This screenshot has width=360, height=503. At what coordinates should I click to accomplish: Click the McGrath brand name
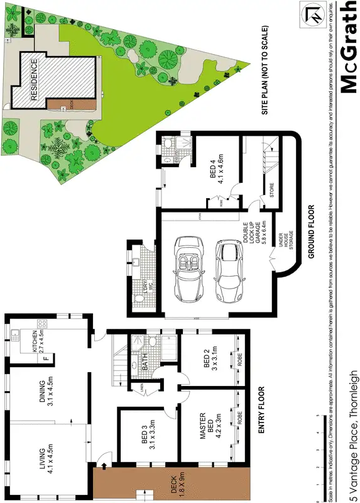(x=347, y=47)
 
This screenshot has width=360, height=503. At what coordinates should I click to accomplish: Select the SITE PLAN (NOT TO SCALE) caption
(x=266, y=69)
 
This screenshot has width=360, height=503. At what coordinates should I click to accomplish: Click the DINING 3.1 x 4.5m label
(x=43, y=392)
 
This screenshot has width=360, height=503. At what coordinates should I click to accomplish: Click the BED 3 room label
(x=145, y=438)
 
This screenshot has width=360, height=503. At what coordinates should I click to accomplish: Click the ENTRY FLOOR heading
(x=261, y=411)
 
